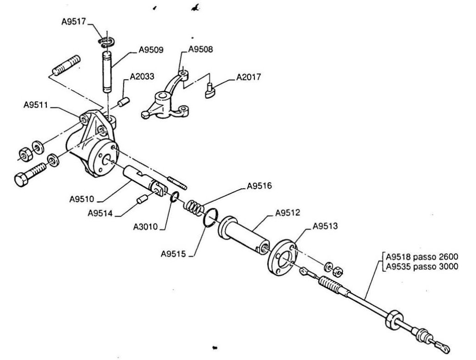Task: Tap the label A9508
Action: click(201, 49)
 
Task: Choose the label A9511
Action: click(36, 105)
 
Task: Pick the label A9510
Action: click(82, 199)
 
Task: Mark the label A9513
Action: click(326, 226)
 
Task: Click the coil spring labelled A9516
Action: click(194, 207)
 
